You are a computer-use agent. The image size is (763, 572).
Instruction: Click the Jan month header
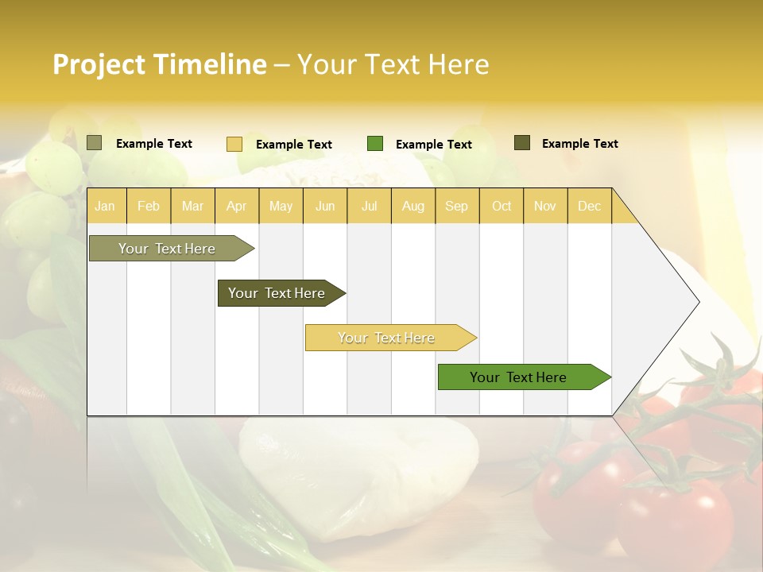coord(106,207)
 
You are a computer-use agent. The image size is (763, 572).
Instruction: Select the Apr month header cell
coord(237,207)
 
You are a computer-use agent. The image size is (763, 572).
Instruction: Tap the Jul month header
coord(369,207)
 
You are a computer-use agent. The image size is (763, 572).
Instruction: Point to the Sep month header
coord(456,207)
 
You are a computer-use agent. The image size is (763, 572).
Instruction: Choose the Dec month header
coord(589,207)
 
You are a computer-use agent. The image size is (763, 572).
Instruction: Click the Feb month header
coord(149,207)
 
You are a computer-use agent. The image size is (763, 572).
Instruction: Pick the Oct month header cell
coord(502,207)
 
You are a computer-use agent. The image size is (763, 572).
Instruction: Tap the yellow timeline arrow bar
coord(387,338)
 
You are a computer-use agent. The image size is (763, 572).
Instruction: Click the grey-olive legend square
coord(94,143)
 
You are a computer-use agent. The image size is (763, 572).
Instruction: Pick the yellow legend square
coord(234,144)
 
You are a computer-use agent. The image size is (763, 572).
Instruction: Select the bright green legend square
coord(375,144)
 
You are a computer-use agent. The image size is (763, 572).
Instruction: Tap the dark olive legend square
coord(521,143)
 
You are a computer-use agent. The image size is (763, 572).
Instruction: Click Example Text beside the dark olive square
coord(579,144)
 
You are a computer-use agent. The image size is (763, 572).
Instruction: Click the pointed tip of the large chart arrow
coord(697,301)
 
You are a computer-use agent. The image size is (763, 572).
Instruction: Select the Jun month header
coord(325,207)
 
